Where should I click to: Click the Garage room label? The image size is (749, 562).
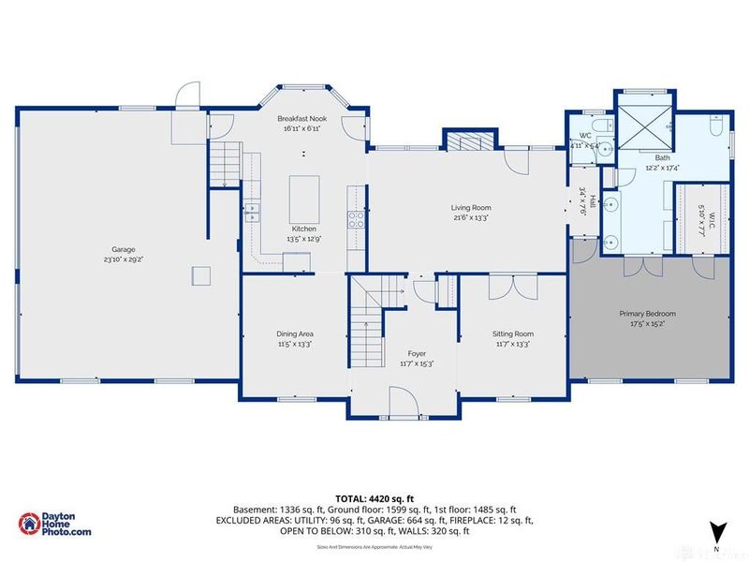click(x=125, y=249)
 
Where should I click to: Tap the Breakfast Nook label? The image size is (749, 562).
click(x=301, y=120)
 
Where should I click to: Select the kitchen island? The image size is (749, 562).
click(x=302, y=197)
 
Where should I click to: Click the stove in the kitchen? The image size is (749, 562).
click(x=357, y=219)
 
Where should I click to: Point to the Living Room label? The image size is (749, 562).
click(x=471, y=208)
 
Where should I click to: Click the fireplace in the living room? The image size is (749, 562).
click(x=464, y=141)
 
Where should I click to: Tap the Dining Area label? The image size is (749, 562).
click(x=294, y=333)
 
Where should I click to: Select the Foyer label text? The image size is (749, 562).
click(x=417, y=353)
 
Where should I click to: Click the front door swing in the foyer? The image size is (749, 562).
click(x=405, y=405)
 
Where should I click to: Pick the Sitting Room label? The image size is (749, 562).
click(x=512, y=333)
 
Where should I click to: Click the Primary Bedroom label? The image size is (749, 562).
click(x=647, y=314)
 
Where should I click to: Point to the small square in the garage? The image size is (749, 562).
click(x=199, y=274)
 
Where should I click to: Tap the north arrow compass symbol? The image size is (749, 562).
click(x=716, y=532)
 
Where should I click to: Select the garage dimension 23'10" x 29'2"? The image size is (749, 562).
click(x=125, y=259)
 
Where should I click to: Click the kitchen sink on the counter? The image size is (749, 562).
click(x=251, y=210)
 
